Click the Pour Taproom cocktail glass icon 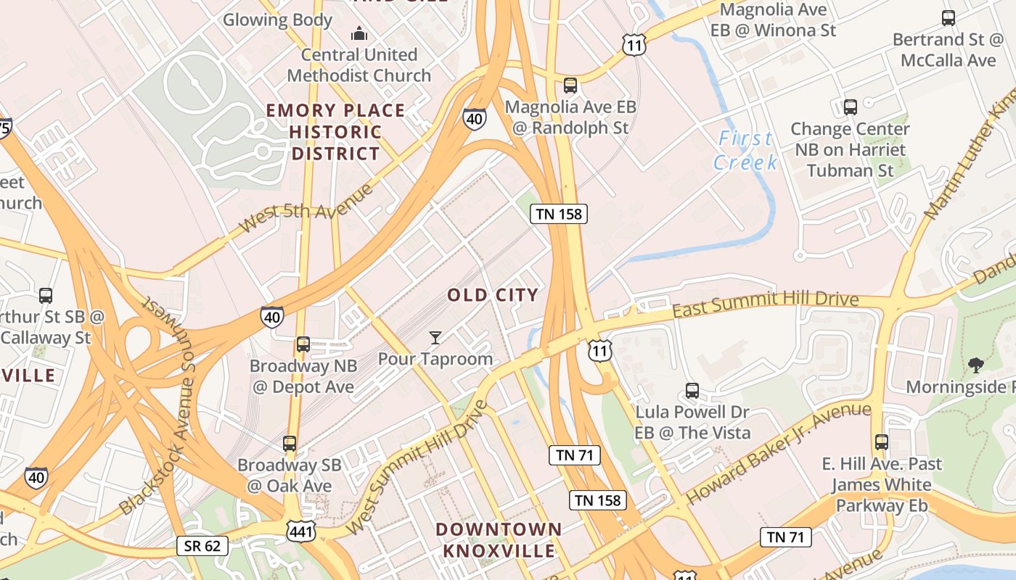click(x=435, y=338)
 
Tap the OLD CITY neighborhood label click(x=493, y=295)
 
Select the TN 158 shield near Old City click(x=558, y=214)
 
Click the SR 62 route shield click(x=202, y=546)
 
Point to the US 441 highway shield click(x=300, y=531)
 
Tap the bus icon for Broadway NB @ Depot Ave click(x=303, y=344)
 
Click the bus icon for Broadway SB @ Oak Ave click(x=290, y=443)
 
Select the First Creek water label click(x=745, y=150)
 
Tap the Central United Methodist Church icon click(x=359, y=33)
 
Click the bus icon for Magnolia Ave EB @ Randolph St click(x=570, y=86)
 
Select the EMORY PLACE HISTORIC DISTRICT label click(x=335, y=132)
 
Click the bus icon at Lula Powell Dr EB click(x=692, y=391)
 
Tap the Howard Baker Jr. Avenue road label click(x=778, y=453)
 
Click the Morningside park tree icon click(x=976, y=365)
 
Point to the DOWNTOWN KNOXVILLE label click(x=499, y=540)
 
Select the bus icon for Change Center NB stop click(x=851, y=107)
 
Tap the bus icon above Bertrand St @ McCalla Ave click(x=948, y=18)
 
